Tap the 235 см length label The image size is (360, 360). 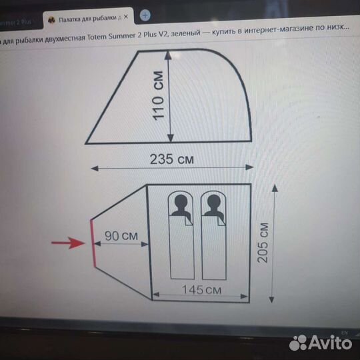click(171, 159)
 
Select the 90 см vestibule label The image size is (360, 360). click(121, 235)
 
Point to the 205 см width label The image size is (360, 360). click(263, 243)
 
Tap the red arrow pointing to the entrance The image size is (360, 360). click(69, 243)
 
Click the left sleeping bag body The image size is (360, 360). click(181, 250)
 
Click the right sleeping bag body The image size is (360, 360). click(212, 250)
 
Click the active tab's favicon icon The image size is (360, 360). click(51, 17)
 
